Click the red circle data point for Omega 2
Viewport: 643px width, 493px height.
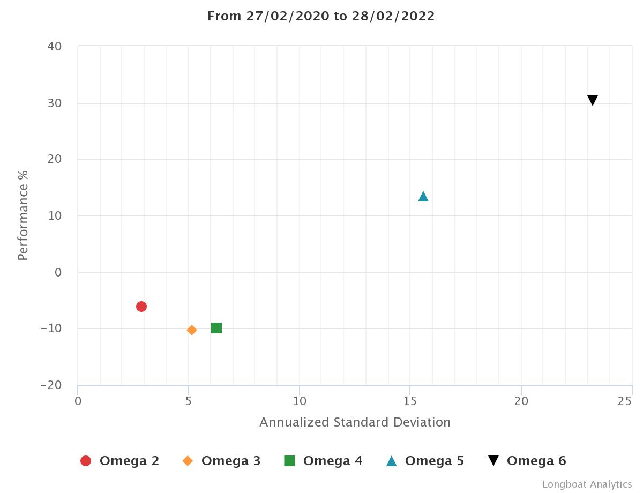point(141,307)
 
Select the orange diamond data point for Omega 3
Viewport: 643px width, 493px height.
point(192,330)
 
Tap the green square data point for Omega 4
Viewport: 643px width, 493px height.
point(216,327)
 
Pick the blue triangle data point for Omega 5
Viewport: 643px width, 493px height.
point(423,197)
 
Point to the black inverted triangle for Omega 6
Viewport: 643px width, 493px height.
point(592,100)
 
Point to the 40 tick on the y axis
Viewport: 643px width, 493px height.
point(55,47)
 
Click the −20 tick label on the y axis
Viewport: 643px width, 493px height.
point(51,385)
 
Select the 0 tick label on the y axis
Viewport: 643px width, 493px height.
point(58,272)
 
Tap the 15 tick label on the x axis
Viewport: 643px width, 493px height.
point(410,401)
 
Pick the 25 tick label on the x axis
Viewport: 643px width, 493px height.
point(625,401)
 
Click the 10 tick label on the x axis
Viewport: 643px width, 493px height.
point(300,401)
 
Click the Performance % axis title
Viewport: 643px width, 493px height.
point(23,215)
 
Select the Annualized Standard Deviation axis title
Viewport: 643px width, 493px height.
point(355,422)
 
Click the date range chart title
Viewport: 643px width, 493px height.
point(321,16)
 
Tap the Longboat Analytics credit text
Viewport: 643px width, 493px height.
point(587,484)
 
